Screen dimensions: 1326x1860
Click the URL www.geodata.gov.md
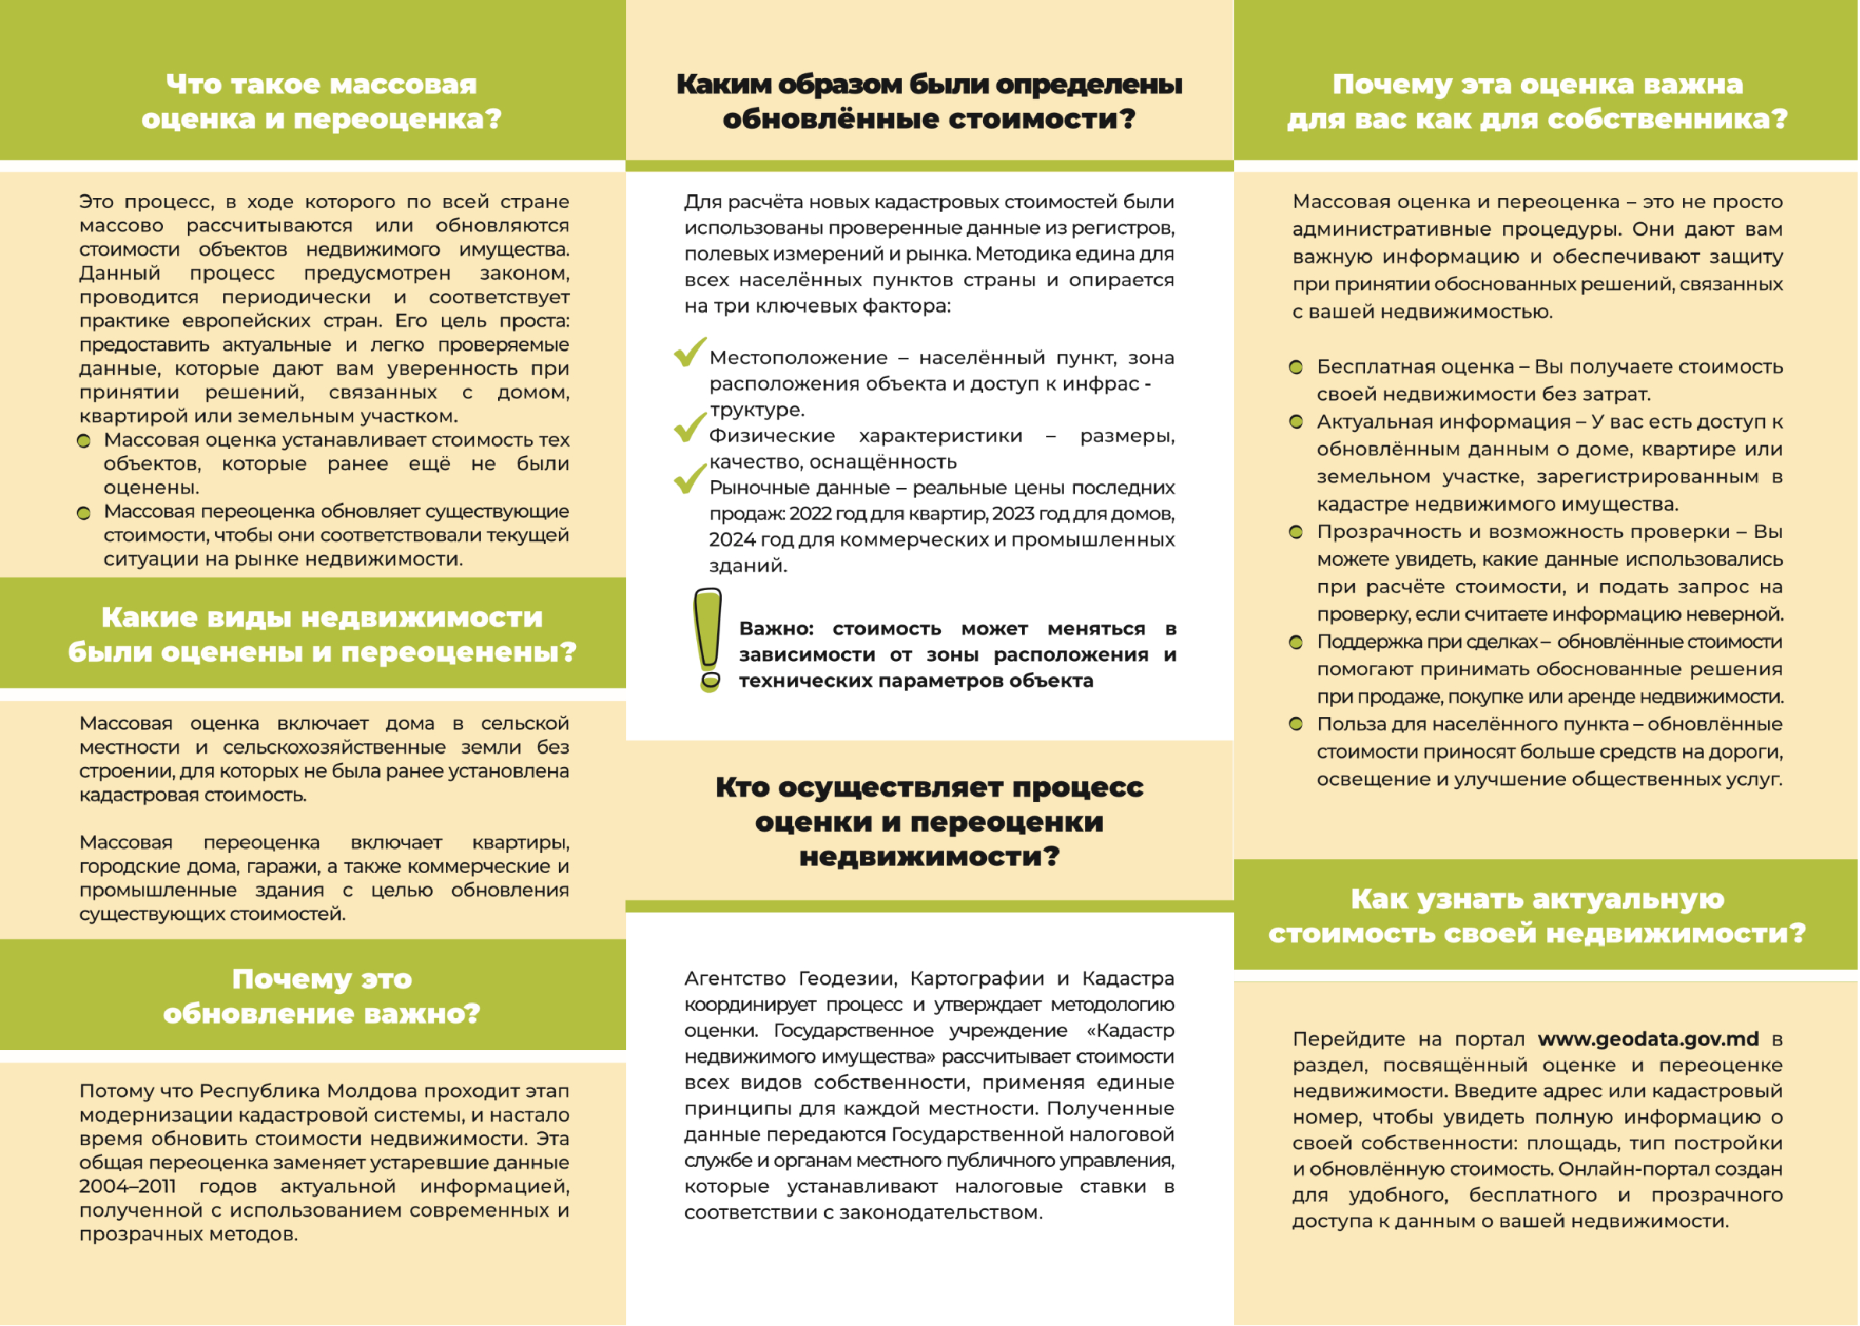tap(1648, 1038)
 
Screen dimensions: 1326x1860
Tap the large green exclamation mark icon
tap(708, 640)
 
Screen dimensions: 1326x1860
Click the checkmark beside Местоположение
tap(690, 352)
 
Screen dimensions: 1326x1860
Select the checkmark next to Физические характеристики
tap(690, 426)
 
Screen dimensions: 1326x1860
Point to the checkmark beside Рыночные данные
tap(690, 479)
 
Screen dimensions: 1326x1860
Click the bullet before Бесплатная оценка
tap(1296, 366)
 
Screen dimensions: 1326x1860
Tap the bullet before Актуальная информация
tap(1296, 423)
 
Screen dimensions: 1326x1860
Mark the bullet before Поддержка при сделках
tap(1296, 642)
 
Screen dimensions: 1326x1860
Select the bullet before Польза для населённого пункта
tap(1296, 724)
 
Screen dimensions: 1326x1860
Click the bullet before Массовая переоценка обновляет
tap(83, 513)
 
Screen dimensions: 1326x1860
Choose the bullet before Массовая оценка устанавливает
tap(83, 441)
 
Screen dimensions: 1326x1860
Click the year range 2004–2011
tap(127, 1186)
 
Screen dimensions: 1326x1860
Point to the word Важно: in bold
tap(776, 629)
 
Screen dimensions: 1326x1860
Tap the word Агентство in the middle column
tap(734, 978)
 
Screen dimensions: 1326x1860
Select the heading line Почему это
tap(322, 979)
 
